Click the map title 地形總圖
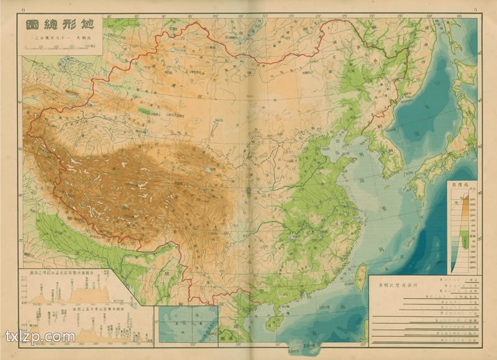point(60,27)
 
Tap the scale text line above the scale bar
point(60,39)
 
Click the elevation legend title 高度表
point(463,185)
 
